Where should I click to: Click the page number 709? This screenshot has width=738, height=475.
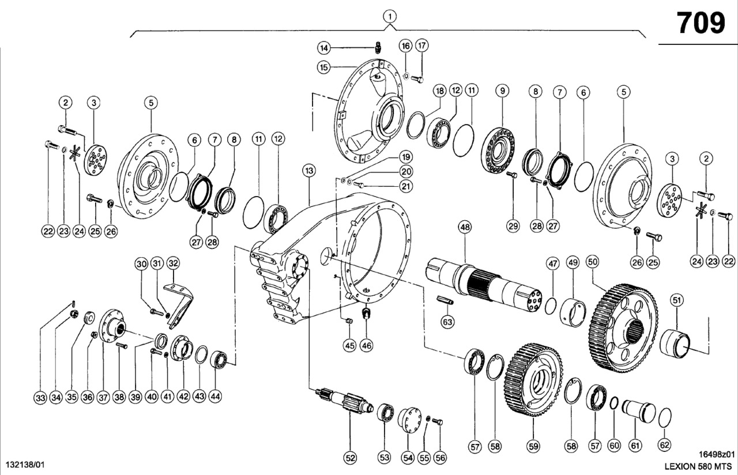pos(701,23)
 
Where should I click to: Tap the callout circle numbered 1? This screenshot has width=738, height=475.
pos(390,16)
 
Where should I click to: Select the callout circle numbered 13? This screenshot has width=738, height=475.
pos(308,171)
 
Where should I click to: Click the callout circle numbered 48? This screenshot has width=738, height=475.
pos(465,227)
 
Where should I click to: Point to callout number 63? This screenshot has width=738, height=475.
pos(447,322)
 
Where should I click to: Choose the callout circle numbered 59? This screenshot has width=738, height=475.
pos(533,446)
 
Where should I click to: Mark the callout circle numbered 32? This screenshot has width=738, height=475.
pos(173,263)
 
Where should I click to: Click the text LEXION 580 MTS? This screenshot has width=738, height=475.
pos(698,466)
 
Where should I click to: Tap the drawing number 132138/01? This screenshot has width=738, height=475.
pos(25,465)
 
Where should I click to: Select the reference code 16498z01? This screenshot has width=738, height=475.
pos(717,454)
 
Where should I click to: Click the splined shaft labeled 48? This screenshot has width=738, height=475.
pos(484,284)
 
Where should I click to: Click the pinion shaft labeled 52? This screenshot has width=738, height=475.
pos(345,401)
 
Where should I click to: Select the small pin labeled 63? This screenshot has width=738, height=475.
pos(445,300)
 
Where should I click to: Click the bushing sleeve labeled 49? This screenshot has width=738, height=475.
pos(574,312)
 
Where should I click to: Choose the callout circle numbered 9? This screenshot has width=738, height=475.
pos(502,91)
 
